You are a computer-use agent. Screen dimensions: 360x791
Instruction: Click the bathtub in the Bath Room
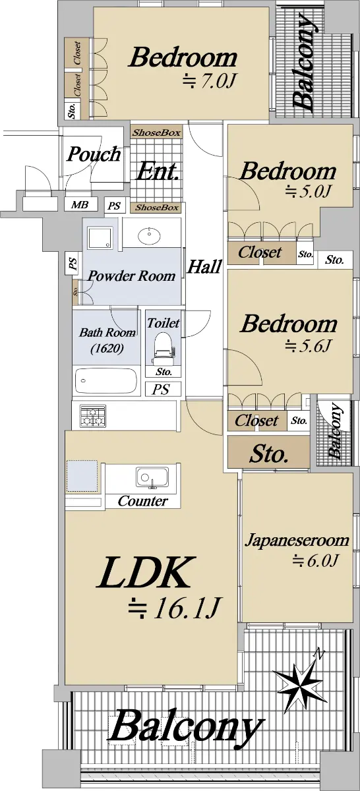click(x=106, y=380)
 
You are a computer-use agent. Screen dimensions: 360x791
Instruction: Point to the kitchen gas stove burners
click(x=93, y=416)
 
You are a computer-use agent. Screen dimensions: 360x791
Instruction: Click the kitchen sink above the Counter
click(x=152, y=478)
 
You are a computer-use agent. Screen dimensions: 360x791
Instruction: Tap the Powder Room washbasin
click(x=150, y=236)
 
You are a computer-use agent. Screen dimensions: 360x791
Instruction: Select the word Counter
click(x=142, y=501)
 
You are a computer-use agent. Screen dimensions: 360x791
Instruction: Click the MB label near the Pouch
click(x=80, y=204)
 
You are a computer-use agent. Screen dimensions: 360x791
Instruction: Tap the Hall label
click(x=205, y=266)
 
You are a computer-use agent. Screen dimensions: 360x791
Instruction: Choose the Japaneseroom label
click(x=297, y=541)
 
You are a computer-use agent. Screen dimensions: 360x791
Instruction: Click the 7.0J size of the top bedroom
click(x=208, y=81)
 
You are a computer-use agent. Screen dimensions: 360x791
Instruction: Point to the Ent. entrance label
click(x=157, y=171)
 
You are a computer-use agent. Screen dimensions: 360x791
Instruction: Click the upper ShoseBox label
click(x=156, y=132)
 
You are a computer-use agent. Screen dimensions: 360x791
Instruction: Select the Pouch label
click(x=94, y=154)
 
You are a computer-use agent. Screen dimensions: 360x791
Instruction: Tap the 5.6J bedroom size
click(x=307, y=345)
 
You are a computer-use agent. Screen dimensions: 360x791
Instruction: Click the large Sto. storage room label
click(x=269, y=454)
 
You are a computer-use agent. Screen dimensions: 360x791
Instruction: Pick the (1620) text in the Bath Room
click(x=107, y=349)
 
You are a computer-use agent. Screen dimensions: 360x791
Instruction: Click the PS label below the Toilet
click(x=161, y=390)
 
